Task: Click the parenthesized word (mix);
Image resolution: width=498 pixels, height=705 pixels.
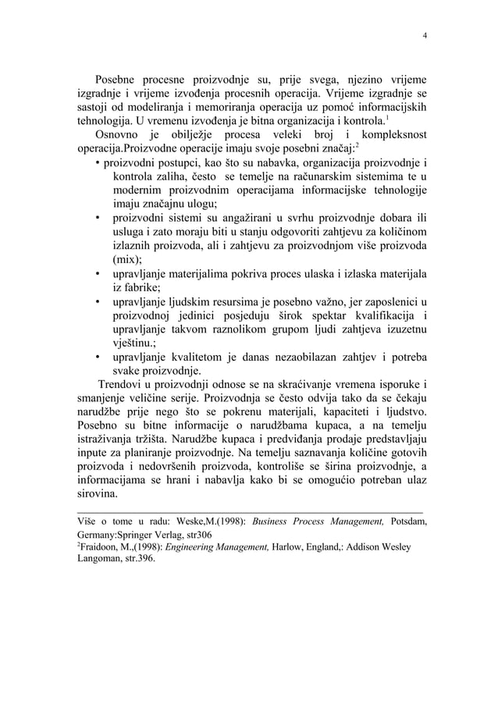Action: coord(126,261)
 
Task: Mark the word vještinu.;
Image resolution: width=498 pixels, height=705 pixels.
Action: coord(138,344)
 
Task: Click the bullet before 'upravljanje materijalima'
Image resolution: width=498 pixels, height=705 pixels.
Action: coord(97,275)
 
